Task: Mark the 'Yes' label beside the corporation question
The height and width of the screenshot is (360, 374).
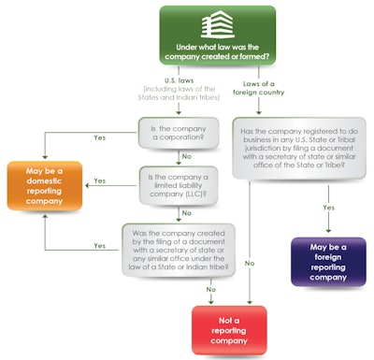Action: (101, 137)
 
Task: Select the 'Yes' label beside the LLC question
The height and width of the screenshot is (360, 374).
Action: (101, 180)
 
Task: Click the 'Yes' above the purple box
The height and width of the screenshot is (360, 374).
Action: (329, 208)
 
